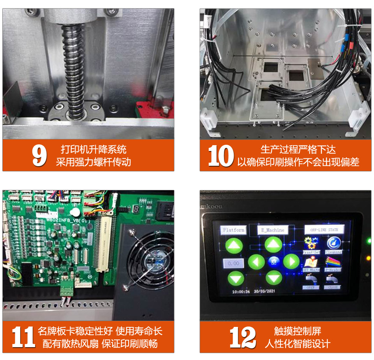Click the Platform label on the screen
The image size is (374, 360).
(x=234, y=230)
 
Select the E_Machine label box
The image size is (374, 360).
(x=273, y=230)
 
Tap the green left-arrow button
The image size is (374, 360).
(x=256, y=262)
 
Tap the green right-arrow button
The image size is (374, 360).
(x=291, y=261)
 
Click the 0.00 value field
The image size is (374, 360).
(x=233, y=263)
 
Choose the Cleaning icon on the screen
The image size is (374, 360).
(x=333, y=243)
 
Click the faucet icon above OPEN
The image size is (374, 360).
(x=310, y=279)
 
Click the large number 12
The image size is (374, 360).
(x=242, y=337)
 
